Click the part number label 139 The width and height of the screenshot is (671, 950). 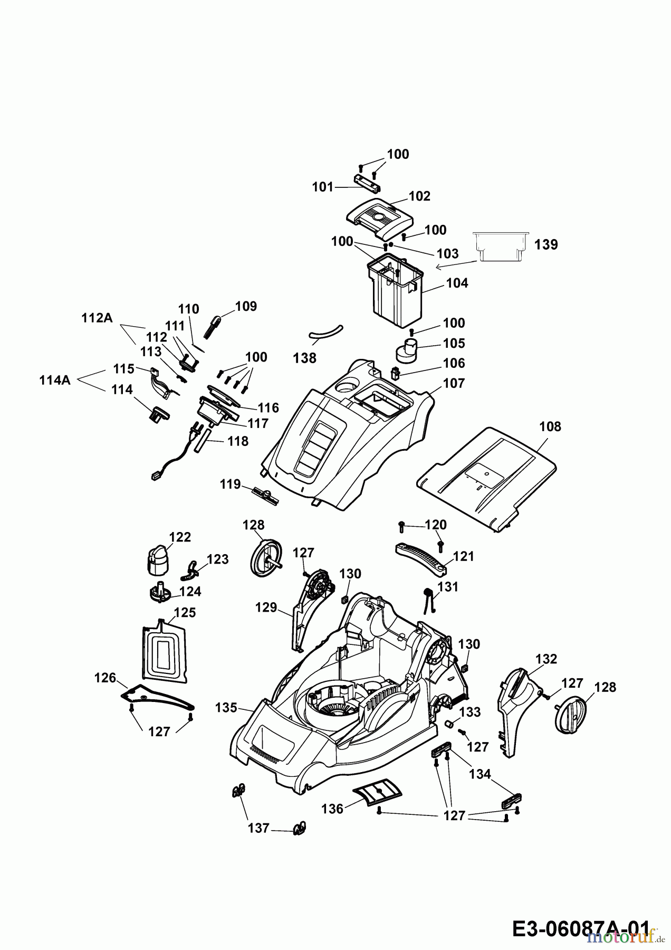click(x=545, y=245)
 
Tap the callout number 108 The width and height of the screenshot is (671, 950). click(x=551, y=426)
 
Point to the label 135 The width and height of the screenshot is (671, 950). click(x=226, y=708)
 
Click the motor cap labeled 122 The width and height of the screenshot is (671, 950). click(x=156, y=560)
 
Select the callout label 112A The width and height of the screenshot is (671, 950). click(x=97, y=318)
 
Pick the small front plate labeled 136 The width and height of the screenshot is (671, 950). click(x=377, y=792)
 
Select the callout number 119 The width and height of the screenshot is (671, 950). click(x=230, y=484)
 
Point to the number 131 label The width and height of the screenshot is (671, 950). click(x=448, y=587)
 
